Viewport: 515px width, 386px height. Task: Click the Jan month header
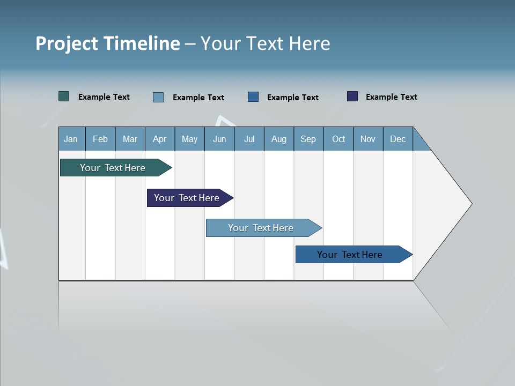click(71, 139)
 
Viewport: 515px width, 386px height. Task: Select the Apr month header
click(159, 139)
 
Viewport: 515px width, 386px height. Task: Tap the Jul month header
click(249, 139)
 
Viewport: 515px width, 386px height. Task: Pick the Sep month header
click(308, 139)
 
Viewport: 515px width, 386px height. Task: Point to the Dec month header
click(398, 139)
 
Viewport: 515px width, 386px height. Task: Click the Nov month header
click(367, 139)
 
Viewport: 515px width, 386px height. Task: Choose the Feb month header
click(100, 139)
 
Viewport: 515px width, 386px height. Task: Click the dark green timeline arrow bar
click(113, 168)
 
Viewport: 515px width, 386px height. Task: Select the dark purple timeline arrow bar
click(187, 198)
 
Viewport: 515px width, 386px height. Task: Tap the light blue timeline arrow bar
click(261, 228)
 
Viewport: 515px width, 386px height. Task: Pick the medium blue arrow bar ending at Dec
click(350, 255)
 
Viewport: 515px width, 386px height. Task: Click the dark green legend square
click(64, 96)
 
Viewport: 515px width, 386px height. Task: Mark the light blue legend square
click(158, 97)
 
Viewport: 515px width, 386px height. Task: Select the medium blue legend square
click(253, 97)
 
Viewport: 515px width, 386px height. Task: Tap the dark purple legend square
click(352, 96)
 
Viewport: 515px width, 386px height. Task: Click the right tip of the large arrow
click(470, 204)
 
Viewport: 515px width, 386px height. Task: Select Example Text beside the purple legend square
click(391, 97)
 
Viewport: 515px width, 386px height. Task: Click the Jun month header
click(219, 139)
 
